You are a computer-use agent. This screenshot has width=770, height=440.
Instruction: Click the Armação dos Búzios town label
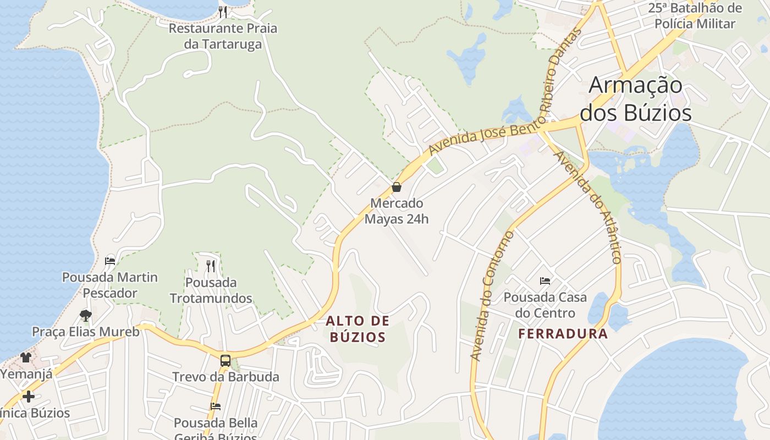[635, 99]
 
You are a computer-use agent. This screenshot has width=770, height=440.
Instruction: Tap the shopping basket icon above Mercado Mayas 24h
[396, 187]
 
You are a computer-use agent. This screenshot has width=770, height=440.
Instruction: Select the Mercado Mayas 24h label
[396, 211]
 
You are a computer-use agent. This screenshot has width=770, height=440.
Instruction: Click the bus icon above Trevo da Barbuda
[226, 361]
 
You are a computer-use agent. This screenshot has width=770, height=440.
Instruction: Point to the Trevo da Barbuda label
[226, 377]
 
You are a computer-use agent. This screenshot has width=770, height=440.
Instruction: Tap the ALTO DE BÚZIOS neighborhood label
[358, 328]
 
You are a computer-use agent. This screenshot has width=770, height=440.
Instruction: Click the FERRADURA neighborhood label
[563, 333]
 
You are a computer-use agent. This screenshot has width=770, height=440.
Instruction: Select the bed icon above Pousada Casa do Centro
[545, 281]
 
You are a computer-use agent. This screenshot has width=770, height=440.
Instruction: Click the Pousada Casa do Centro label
[545, 305]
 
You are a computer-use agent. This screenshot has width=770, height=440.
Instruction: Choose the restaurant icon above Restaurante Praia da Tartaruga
[223, 12]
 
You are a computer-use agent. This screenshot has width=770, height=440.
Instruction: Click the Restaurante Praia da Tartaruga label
[223, 36]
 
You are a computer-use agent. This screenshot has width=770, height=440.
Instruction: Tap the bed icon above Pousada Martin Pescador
[110, 261]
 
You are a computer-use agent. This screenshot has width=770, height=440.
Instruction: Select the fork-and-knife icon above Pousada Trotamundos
[211, 266]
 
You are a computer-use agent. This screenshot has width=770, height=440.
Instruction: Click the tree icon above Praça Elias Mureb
[85, 315]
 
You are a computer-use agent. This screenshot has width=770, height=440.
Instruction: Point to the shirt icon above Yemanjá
[26, 358]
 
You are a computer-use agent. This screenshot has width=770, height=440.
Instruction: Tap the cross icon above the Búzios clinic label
[29, 396]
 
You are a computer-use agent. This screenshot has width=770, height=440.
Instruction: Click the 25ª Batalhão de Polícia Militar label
[695, 15]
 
